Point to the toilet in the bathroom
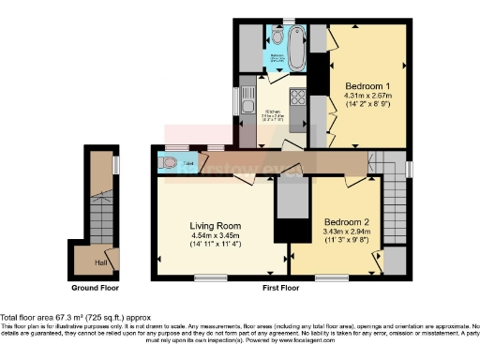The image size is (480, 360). tap(278, 38)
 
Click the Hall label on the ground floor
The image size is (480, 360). tap(99, 251)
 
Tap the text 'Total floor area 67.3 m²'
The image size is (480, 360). tap(56, 318)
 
